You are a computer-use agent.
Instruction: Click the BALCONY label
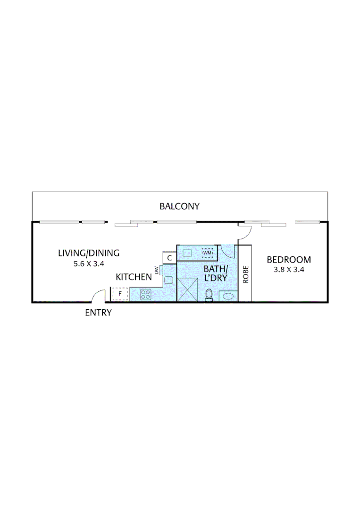179,206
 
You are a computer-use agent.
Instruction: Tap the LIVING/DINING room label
89,253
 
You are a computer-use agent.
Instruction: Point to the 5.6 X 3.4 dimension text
89,264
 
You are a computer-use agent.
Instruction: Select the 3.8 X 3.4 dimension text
289,270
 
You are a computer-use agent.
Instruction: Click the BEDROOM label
289,259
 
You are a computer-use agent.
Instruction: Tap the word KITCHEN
134,277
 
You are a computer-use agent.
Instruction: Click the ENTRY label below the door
98,313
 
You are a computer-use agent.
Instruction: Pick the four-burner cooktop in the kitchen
146,295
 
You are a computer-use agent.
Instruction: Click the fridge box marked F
120,294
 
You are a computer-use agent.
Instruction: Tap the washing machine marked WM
207,253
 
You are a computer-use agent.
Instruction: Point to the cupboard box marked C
169,258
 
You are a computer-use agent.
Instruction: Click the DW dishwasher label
156,271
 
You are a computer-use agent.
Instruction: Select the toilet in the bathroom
209,295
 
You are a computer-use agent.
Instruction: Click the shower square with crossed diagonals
187,289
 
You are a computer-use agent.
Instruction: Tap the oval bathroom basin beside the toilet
227,297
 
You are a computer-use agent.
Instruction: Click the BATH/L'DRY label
215,273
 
